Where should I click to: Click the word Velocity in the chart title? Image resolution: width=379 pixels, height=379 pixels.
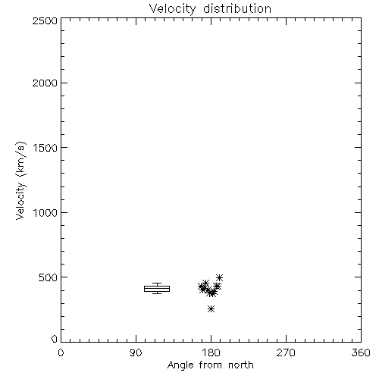pos(172,9)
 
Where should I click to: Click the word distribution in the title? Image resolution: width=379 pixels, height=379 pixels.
pos(237,8)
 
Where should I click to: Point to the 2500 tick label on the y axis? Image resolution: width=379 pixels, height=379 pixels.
pos(45,20)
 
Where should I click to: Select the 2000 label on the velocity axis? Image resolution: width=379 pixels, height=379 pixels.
pos(45,83)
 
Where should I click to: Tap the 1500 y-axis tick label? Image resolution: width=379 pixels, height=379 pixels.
pos(45,148)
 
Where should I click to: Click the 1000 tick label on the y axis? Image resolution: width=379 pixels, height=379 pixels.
pos(45,212)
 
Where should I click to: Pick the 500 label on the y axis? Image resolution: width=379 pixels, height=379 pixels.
pos(48,277)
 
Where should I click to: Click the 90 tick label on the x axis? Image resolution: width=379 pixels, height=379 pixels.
pos(136,352)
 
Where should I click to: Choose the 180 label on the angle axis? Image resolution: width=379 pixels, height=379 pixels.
pos(211,352)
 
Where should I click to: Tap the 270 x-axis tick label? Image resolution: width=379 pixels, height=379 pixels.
pos(286,352)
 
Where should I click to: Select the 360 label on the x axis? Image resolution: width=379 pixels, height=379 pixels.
pos(361,352)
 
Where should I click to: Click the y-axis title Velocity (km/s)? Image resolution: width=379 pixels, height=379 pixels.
pos(20,180)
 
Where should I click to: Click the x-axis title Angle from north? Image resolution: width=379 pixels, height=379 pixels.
pos(210,365)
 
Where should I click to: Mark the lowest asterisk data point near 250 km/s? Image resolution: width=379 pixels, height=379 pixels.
pos(211,309)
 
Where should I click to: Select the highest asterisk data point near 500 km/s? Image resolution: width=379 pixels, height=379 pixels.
pos(219,277)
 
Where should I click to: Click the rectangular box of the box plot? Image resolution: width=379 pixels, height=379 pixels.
pos(157,286)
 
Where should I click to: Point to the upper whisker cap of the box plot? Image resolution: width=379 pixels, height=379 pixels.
pos(157,283)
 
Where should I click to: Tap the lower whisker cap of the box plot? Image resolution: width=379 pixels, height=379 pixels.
pos(157,293)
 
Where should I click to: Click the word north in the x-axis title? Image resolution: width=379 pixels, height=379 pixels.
pos(241,365)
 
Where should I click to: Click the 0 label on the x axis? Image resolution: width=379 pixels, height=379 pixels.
pos(61,352)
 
